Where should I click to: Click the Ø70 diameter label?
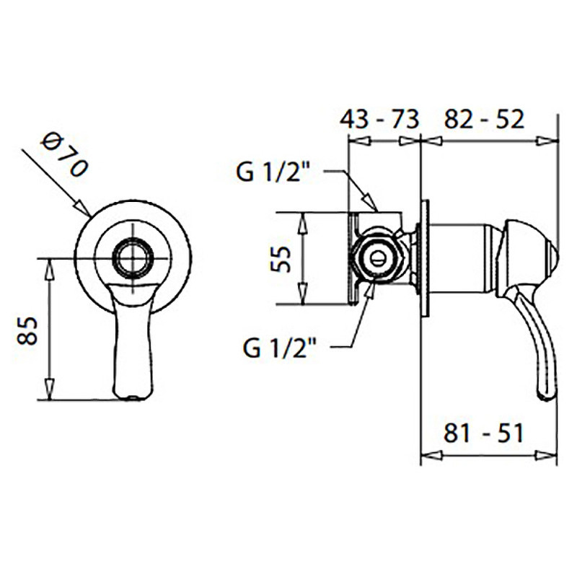pos(65,154)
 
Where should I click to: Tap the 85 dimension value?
pos(27,330)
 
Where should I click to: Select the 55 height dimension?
pos(281,259)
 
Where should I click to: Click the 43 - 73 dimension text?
pos(379,119)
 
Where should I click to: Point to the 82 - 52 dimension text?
pos(484,119)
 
